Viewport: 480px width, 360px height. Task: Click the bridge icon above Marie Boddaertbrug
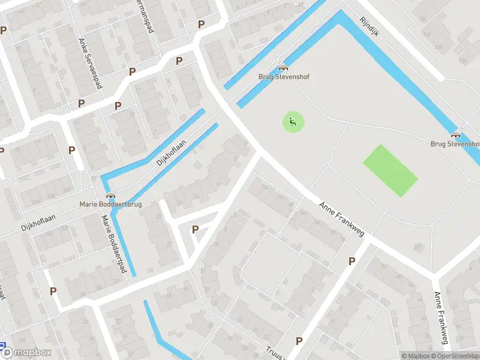click(x=110, y=195)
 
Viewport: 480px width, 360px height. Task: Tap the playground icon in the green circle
click(x=293, y=124)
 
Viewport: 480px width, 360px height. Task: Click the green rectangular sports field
click(x=390, y=170)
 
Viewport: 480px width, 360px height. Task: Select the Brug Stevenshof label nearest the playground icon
click(x=283, y=77)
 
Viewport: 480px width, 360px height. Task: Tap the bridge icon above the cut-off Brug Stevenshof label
click(x=455, y=135)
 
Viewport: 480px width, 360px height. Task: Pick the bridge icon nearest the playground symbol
click(x=283, y=68)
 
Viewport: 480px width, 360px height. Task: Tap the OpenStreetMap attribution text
click(x=452, y=356)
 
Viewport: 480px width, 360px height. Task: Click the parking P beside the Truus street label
click(x=298, y=341)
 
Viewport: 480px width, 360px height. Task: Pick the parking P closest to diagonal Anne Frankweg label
click(x=352, y=261)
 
